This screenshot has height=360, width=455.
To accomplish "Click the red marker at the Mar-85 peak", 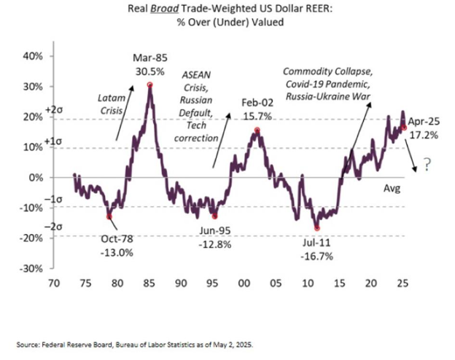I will coord(149,85).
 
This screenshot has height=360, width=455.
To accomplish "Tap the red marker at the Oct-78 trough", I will coord(109,216).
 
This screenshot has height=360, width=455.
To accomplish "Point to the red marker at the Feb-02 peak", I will coord(257,130).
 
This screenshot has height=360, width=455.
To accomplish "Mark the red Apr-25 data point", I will coord(405,127).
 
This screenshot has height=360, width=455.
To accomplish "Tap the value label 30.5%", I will coord(150,71).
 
